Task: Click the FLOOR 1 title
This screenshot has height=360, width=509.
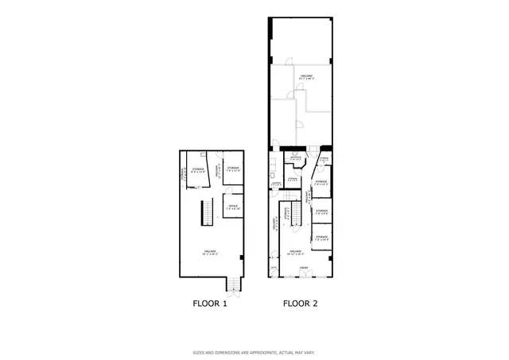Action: [211, 304]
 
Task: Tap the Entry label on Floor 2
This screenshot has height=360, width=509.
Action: [304, 268]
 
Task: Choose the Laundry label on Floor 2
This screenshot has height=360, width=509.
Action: [276, 184]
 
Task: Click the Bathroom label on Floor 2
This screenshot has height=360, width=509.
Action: [295, 157]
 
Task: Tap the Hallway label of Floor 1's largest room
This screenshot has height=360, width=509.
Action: [210, 253]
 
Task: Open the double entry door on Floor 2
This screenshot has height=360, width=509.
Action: [304, 276]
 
